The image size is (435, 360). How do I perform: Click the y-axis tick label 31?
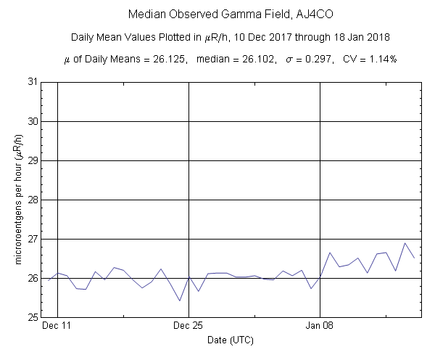(x=32, y=82)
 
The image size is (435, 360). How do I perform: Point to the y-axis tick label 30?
(x=32, y=121)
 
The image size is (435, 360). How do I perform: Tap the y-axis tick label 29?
(x=32, y=160)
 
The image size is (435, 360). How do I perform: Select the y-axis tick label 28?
(x=32, y=200)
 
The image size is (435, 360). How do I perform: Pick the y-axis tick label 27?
(x=32, y=239)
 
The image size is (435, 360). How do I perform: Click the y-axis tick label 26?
(x=32, y=278)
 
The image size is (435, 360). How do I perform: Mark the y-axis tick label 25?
(x=32, y=317)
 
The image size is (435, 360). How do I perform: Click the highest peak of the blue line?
(x=405, y=243)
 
